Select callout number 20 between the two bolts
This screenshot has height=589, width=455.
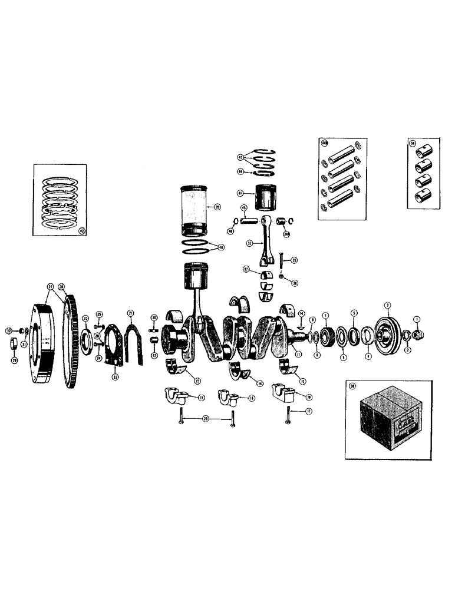pos(205,418)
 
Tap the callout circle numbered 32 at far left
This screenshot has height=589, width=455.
pos(9,330)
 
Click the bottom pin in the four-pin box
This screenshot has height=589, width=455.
pos(344,203)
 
